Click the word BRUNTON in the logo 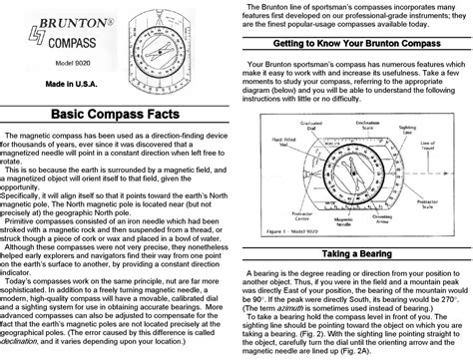click(58, 19)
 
